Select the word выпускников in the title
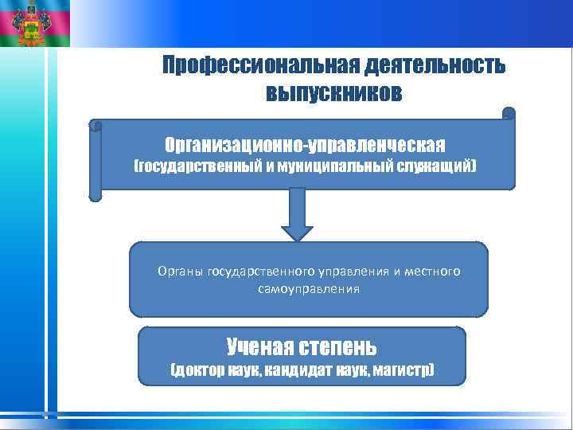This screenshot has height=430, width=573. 334,94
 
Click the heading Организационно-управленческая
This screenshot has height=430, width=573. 305,145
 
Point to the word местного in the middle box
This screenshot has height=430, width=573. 433,272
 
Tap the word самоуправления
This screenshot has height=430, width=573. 309,289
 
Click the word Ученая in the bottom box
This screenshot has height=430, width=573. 256,347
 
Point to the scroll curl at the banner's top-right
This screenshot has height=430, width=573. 509,113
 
